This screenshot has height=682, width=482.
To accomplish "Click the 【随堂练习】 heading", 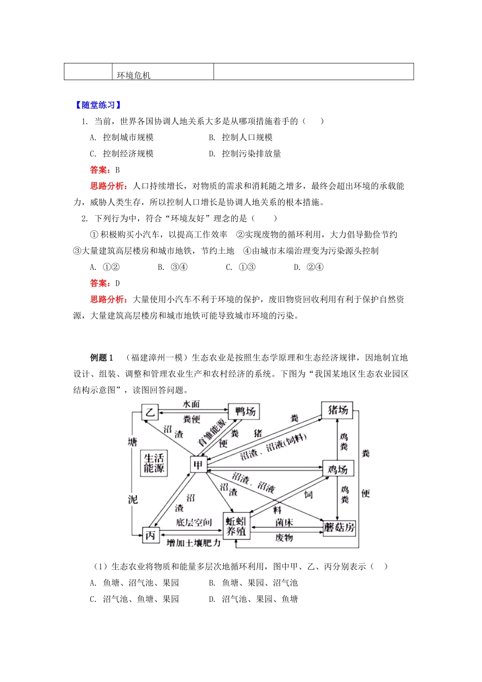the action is click(98, 105).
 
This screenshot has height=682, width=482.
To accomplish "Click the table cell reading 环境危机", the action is click(133, 75).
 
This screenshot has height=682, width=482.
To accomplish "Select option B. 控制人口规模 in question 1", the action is click(242, 138).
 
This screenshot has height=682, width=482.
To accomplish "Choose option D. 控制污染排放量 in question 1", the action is click(246, 154).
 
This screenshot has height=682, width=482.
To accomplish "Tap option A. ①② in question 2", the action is click(105, 267).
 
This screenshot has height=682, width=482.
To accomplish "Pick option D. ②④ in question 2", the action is click(309, 267).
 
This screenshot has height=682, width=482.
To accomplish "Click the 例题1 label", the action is click(101, 358).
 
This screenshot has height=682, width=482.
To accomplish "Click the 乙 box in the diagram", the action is click(150, 412).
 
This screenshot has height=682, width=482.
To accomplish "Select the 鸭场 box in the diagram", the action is click(244, 411).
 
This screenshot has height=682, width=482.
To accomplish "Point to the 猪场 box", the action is click(337, 410).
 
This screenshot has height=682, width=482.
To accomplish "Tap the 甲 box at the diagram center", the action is click(198, 464).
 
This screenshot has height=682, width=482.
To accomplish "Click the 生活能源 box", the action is click(154, 463).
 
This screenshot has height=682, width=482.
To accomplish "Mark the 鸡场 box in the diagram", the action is click(338, 469).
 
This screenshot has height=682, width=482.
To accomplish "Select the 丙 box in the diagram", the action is click(150, 535).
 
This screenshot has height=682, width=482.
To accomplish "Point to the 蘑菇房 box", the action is click(339, 528).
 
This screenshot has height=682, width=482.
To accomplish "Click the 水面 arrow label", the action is click(191, 404).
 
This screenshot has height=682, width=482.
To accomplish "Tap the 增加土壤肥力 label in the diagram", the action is click(194, 542).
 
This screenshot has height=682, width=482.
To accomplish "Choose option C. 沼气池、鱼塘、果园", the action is click(135, 599).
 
